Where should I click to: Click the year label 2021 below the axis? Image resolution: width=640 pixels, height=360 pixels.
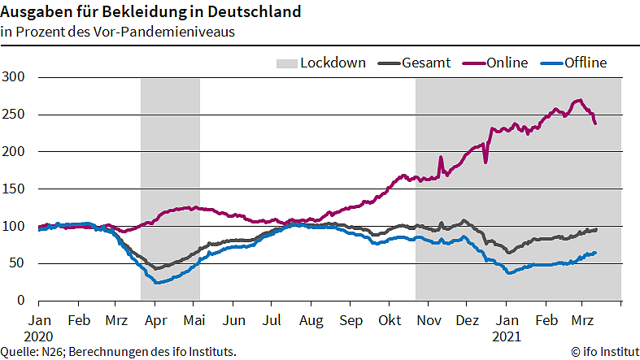coord(507,335)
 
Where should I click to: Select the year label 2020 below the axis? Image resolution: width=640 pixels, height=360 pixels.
coord(38,335)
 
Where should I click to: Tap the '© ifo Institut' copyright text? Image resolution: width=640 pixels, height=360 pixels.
coord(603,351)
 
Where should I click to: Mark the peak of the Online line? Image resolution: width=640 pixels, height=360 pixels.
coord(579,100)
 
